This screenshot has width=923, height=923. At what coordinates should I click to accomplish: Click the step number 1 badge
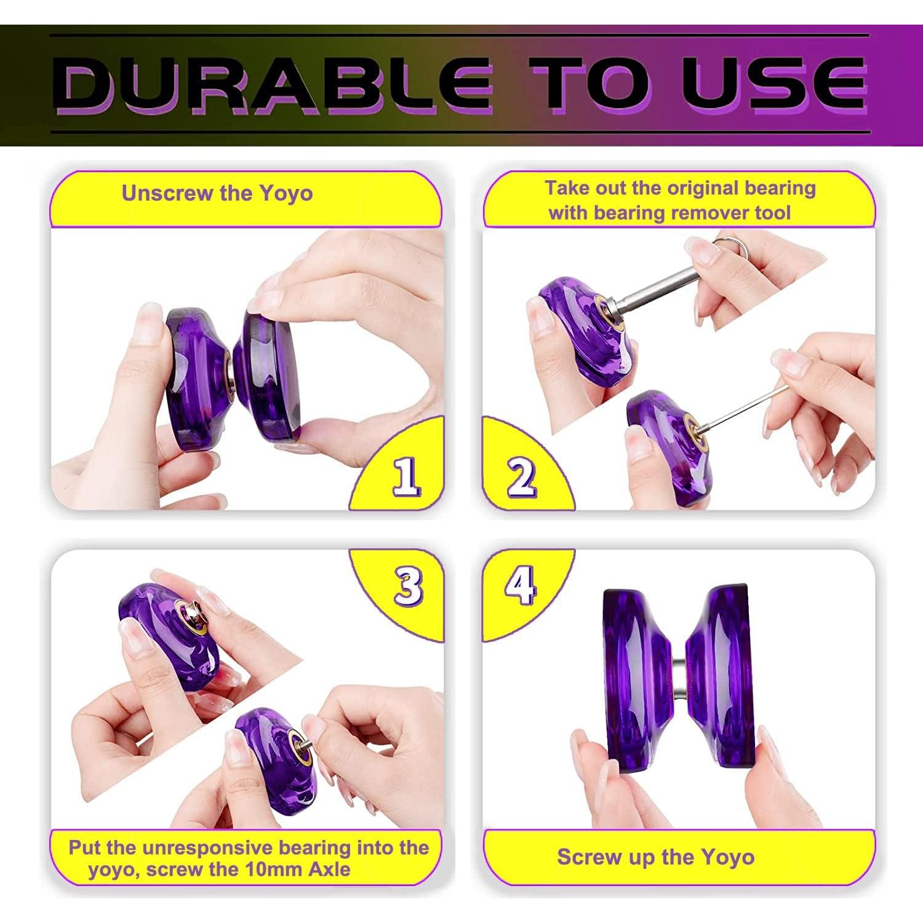[x=406, y=477]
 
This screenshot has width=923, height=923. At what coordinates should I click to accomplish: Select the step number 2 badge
[x=521, y=477]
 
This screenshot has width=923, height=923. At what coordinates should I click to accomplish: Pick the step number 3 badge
[x=409, y=585]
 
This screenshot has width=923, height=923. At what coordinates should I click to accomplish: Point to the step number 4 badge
[x=520, y=585]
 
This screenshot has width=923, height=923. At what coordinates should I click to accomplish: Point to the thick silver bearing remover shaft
[x=665, y=289]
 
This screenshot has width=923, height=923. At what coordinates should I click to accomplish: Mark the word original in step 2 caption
[x=704, y=188]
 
